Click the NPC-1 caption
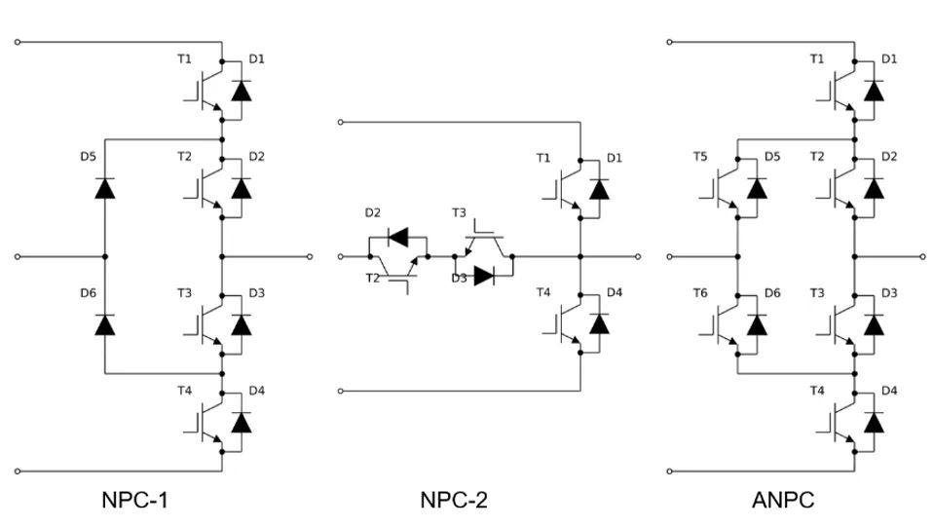[x=141, y=501]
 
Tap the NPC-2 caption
[x=454, y=501]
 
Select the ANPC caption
[x=783, y=501]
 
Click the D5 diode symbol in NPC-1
[x=105, y=188]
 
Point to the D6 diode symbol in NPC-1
[x=105, y=324]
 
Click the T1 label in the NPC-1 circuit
[x=185, y=58]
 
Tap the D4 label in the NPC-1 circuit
[x=256, y=391]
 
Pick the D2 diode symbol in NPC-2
[x=397, y=236]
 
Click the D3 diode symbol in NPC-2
[x=483, y=277]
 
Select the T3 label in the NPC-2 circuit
[x=460, y=212]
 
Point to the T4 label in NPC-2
[x=542, y=292]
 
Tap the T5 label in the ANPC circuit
[x=700, y=156]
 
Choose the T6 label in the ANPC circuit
[x=700, y=292]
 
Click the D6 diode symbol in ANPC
[x=756, y=324]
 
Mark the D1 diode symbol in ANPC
[x=874, y=91]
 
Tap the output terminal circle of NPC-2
[x=639, y=256]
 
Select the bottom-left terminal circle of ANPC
[x=670, y=471]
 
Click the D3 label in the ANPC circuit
[x=889, y=292]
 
